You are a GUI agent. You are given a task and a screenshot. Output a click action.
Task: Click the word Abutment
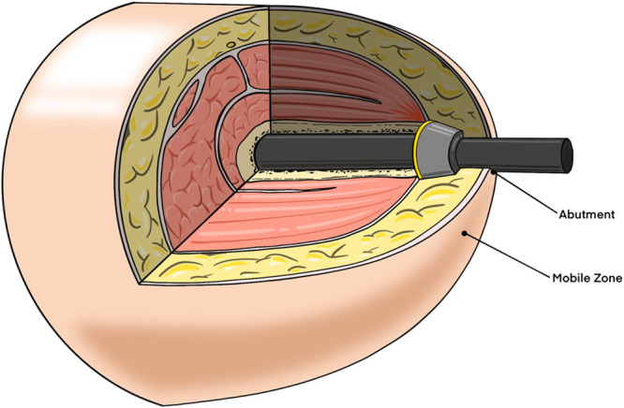(584, 214)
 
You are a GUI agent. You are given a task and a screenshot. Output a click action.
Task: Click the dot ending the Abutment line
(494, 173)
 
